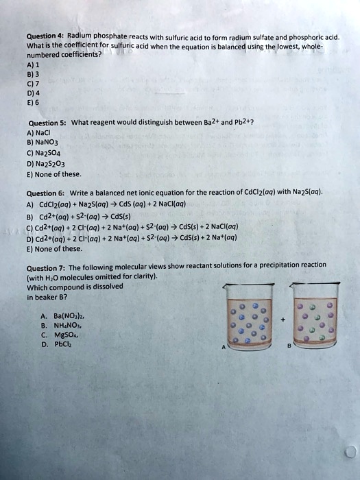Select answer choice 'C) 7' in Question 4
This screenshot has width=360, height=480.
33,86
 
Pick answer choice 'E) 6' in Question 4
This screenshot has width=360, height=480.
33,106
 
